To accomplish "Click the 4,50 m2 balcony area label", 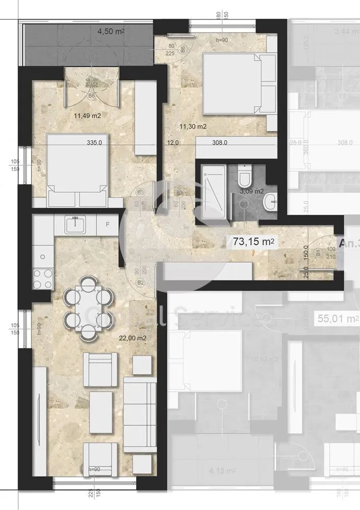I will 111,31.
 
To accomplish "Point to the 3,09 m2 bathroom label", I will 251,191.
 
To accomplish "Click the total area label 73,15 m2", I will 254,243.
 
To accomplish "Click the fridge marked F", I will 108,224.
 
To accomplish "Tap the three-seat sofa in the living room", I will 140,413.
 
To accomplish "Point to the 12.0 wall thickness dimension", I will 173,143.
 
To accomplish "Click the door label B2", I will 141,281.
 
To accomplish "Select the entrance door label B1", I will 318,252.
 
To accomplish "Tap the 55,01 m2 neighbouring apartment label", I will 336,319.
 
